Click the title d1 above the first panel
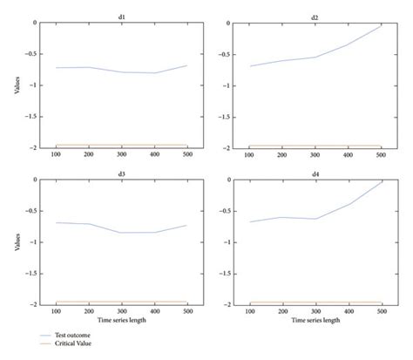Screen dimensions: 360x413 click(x=122, y=16)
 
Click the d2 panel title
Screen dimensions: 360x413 click(x=315, y=16)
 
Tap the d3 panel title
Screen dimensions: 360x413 click(x=122, y=173)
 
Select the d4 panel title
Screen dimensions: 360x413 click(x=315, y=173)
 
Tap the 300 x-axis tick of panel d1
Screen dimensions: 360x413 click(x=122, y=155)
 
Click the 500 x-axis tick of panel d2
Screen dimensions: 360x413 click(x=380, y=155)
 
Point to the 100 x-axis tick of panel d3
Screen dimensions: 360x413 click(x=57, y=312)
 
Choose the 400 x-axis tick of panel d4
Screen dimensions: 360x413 click(x=348, y=312)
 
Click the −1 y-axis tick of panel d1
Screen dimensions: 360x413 click(x=34, y=85)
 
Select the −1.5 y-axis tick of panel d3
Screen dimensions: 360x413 click(x=32, y=274)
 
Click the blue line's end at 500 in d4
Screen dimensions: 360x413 click(x=381, y=182)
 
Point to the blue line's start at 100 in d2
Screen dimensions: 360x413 click(x=250, y=65)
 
